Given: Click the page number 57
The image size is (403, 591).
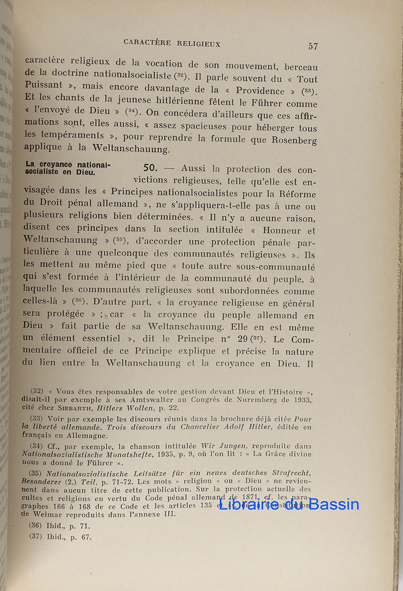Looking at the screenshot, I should [x=313, y=46].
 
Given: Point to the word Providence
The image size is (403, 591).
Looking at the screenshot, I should [x=260, y=91].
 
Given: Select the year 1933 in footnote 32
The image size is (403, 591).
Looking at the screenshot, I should [x=302, y=399].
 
